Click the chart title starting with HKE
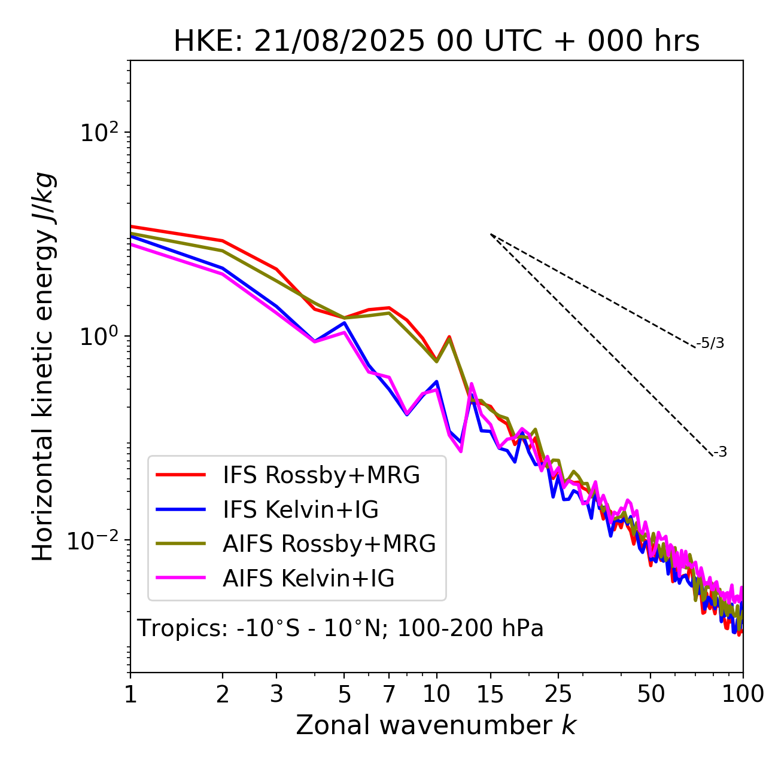(436, 41)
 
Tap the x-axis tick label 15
(490, 693)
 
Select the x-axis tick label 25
(558, 693)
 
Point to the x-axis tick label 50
(651, 693)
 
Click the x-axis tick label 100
(743, 693)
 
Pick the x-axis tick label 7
(389, 693)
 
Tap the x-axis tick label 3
(276, 693)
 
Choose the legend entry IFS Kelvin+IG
(300, 509)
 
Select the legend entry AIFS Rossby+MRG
(329, 544)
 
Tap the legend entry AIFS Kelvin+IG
(308, 579)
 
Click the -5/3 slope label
(710, 343)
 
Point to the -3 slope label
(720, 452)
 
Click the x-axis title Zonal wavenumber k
(436, 725)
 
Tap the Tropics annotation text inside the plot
(340, 628)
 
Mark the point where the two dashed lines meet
(491, 234)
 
